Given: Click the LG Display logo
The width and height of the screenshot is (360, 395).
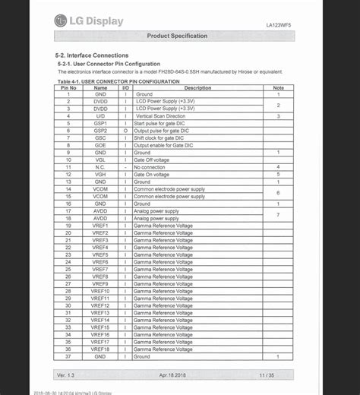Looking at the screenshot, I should (89, 21).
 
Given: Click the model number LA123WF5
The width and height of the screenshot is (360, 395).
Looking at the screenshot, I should (280, 25).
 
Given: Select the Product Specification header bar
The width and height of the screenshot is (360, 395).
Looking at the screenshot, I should (176, 36).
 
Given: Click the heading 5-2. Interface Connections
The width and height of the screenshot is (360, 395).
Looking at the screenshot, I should (91, 55).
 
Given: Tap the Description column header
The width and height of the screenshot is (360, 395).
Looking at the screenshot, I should (197, 87).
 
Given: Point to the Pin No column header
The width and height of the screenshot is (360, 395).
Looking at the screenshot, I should (68, 87).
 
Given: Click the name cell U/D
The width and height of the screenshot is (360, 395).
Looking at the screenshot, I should (100, 116).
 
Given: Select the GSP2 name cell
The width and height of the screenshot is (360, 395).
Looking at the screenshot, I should (100, 131).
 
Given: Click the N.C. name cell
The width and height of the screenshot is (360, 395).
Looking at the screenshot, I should (100, 167).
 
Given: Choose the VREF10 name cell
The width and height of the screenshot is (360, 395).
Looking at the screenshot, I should (100, 291).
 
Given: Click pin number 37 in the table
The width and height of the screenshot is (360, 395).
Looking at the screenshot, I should (68, 356).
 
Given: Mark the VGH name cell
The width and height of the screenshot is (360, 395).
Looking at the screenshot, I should (100, 174).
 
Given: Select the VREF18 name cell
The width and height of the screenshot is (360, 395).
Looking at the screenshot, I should (100, 349).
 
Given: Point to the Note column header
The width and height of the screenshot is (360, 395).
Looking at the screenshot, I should (279, 87).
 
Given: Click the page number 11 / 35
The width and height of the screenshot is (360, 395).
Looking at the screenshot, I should (267, 375).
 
